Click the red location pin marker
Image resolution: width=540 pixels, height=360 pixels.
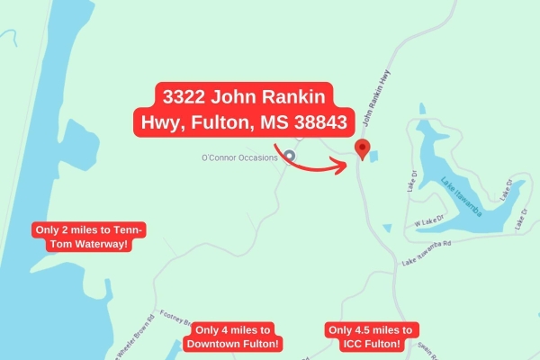[x=362, y=149]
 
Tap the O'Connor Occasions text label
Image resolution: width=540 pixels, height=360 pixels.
[x=238, y=157]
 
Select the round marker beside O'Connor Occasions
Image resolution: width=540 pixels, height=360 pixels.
[x=290, y=156]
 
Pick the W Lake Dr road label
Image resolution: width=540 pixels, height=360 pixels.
[x=430, y=221]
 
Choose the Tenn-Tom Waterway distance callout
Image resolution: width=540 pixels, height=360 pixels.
[x=88, y=238]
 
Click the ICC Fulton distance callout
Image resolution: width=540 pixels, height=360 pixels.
[x=371, y=337]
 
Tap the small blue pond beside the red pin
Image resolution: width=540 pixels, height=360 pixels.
[x=373, y=155]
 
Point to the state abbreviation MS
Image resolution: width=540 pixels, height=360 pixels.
[x=252, y=121]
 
